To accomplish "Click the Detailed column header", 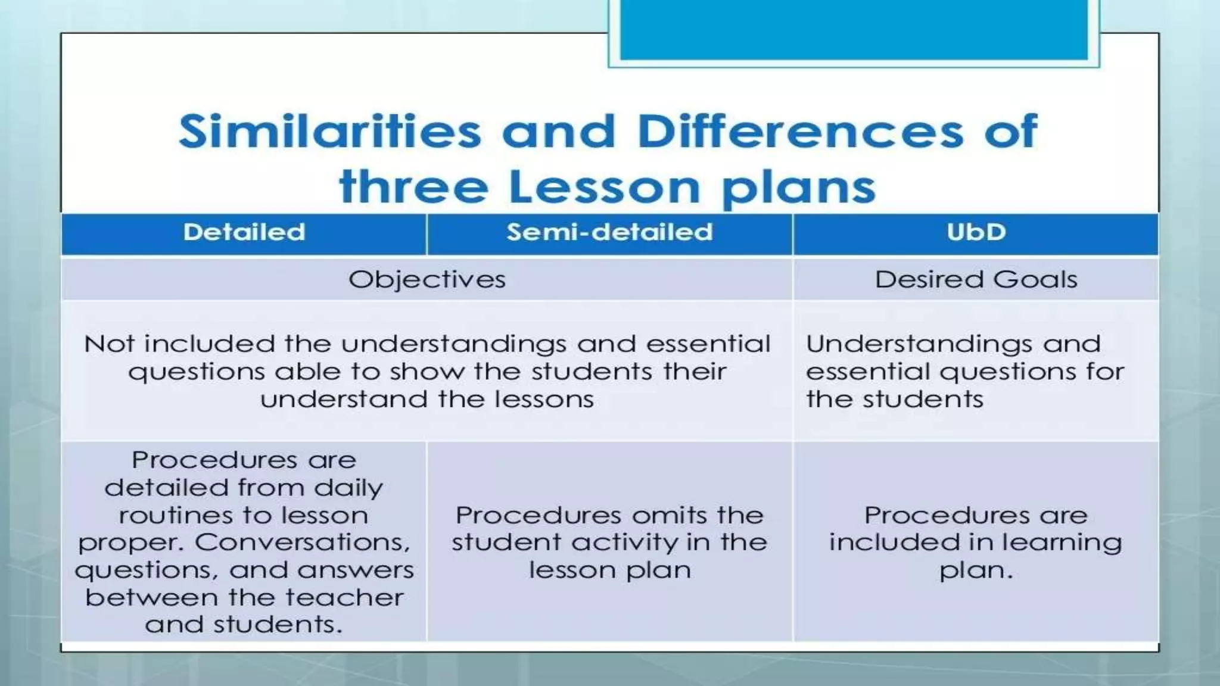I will tap(244, 232).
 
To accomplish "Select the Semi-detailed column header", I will tap(609, 232).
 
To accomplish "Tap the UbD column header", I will tap(976, 232).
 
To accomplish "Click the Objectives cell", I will tap(427, 279).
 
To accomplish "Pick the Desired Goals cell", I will tap(976, 279).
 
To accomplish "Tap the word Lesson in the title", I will tap(604, 187).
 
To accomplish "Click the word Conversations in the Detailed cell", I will tap(303, 542).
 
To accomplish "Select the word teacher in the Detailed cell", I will tap(345, 597).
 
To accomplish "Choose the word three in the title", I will tap(413, 187).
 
